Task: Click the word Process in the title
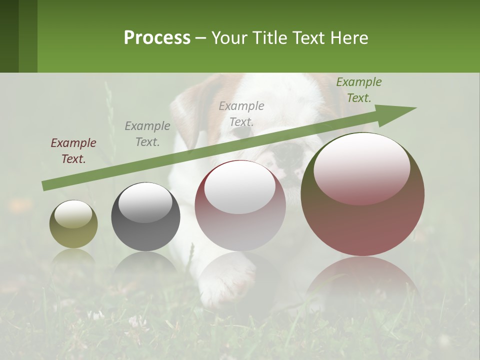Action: pos(157,38)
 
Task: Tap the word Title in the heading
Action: pos(269,38)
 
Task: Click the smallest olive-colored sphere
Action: pos(73,224)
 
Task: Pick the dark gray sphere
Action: pos(145,216)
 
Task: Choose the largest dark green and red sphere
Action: pos(362,194)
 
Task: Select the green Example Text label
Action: pos(358,90)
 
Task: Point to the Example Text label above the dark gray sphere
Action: pos(147,134)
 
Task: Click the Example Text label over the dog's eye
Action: pos(241,113)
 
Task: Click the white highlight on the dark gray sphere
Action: pos(145,202)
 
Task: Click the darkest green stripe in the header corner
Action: pos(9,36)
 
